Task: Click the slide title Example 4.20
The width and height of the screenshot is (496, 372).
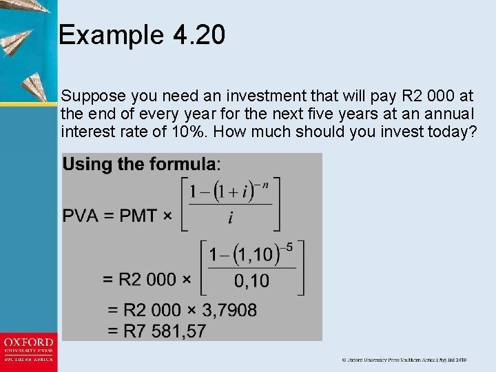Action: tap(142, 35)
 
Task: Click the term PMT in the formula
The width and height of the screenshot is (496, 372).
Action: tap(138, 216)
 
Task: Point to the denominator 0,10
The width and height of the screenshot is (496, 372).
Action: tap(251, 280)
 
